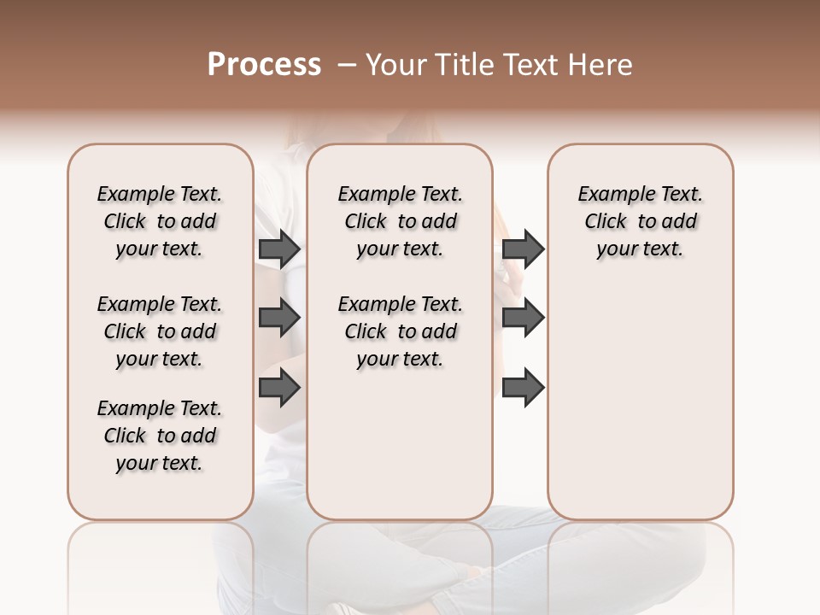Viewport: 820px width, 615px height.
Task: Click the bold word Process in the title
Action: (264, 65)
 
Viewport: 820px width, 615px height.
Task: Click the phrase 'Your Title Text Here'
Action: (499, 65)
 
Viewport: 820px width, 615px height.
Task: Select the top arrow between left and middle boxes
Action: (279, 249)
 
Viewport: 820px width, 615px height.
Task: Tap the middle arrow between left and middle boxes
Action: (279, 319)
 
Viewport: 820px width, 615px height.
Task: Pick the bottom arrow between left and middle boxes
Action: (279, 389)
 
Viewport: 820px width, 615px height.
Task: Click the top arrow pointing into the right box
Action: (523, 249)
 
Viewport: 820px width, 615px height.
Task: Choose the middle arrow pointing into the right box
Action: (523, 319)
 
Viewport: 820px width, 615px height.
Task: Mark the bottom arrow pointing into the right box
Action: (523, 389)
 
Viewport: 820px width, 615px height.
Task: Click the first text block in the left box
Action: (160, 221)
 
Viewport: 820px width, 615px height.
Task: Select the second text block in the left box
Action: (160, 331)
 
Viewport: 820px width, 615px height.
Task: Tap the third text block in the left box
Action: (160, 436)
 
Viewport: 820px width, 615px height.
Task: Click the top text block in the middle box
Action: (400, 221)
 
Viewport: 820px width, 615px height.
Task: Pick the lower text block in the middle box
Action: (400, 331)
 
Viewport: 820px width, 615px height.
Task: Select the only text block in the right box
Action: (640, 221)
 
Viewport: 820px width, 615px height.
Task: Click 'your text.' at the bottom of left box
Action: (160, 463)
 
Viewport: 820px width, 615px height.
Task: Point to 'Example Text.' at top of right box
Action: (640, 194)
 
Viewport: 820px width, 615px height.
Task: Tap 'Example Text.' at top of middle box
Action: (400, 194)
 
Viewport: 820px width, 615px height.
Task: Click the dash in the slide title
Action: (347, 65)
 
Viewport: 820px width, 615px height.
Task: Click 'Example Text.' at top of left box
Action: (160, 194)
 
